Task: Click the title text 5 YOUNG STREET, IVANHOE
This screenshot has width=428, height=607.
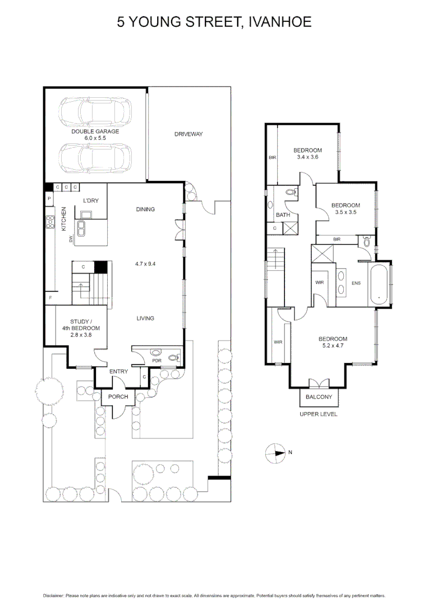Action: tap(214, 22)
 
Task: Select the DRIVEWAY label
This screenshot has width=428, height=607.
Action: tap(188, 134)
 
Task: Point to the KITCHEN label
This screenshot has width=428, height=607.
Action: tap(64, 219)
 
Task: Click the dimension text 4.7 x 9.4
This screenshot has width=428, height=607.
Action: tap(145, 263)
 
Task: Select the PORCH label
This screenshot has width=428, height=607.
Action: tap(118, 397)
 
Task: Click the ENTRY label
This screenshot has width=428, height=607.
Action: tap(118, 372)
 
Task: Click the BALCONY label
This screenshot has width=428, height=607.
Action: tap(319, 397)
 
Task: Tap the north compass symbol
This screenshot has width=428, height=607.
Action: tap(277, 452)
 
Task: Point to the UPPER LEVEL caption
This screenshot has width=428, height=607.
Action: tap(319, 414)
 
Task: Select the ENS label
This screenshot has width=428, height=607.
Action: tap(356, 283)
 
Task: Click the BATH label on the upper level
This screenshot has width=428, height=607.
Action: tap(282, 215)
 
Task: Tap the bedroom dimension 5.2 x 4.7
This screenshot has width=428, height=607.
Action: tap(333, 347)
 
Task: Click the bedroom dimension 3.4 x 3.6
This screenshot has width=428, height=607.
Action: tap(307, 157)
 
